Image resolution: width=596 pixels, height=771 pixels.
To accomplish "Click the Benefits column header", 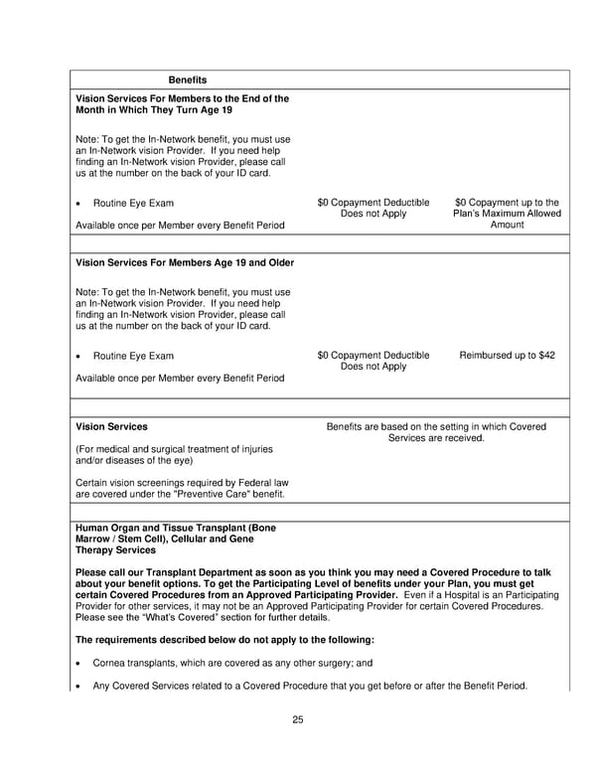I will point(188,78).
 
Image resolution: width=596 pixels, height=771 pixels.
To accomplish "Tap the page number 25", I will point(298,719).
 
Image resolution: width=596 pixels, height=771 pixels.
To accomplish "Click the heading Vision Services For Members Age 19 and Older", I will point(184,262).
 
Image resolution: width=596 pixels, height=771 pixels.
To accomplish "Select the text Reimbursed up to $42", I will point(507,355).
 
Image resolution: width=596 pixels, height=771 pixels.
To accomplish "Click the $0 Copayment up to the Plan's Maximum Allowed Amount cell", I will point(507,214).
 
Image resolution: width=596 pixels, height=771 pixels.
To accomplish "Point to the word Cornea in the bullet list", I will point(109,663).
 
